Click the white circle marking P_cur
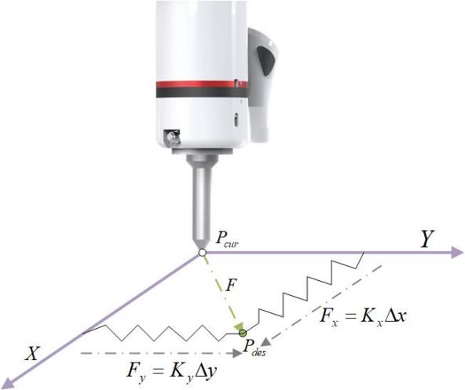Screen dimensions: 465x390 click(202, 253)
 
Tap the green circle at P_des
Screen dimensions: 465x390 click(243, 333)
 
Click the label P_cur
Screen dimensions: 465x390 click(226, 239)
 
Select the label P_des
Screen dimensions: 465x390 click(254, 347)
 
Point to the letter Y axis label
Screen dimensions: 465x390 click(427, 239)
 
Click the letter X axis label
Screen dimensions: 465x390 click(32, 353)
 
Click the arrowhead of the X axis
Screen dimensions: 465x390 click(7, 381)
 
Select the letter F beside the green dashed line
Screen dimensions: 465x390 click(231, 285)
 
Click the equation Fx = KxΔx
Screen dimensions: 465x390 click(362, 317)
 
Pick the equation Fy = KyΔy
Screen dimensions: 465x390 click(171, 371)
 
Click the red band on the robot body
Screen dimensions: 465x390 click(202, 85)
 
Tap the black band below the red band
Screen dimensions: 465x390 click(202, 93)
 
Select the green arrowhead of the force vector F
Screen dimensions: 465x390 click(239, 326)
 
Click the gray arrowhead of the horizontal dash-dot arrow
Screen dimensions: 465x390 click(237, 353)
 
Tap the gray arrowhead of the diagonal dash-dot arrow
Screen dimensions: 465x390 click(265, 342)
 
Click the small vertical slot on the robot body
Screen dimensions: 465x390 click(236, 120)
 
